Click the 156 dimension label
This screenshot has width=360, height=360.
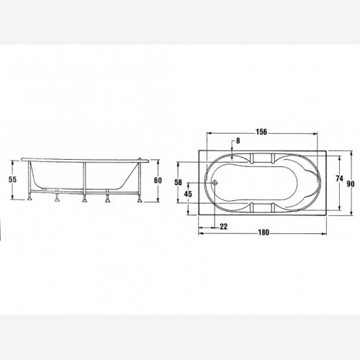[261, 132]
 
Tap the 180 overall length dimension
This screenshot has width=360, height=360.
[264, 233]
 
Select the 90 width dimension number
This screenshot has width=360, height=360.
[351, 184]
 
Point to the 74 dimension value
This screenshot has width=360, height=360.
[339, 179]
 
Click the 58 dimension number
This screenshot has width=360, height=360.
[178, 182]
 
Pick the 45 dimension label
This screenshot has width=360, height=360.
[188, 194]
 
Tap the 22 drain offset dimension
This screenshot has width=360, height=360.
[223, 226]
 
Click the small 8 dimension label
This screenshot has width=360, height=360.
[238, 141]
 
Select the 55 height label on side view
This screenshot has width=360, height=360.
[12, 179]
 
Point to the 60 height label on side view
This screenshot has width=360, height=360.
[158, 180]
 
